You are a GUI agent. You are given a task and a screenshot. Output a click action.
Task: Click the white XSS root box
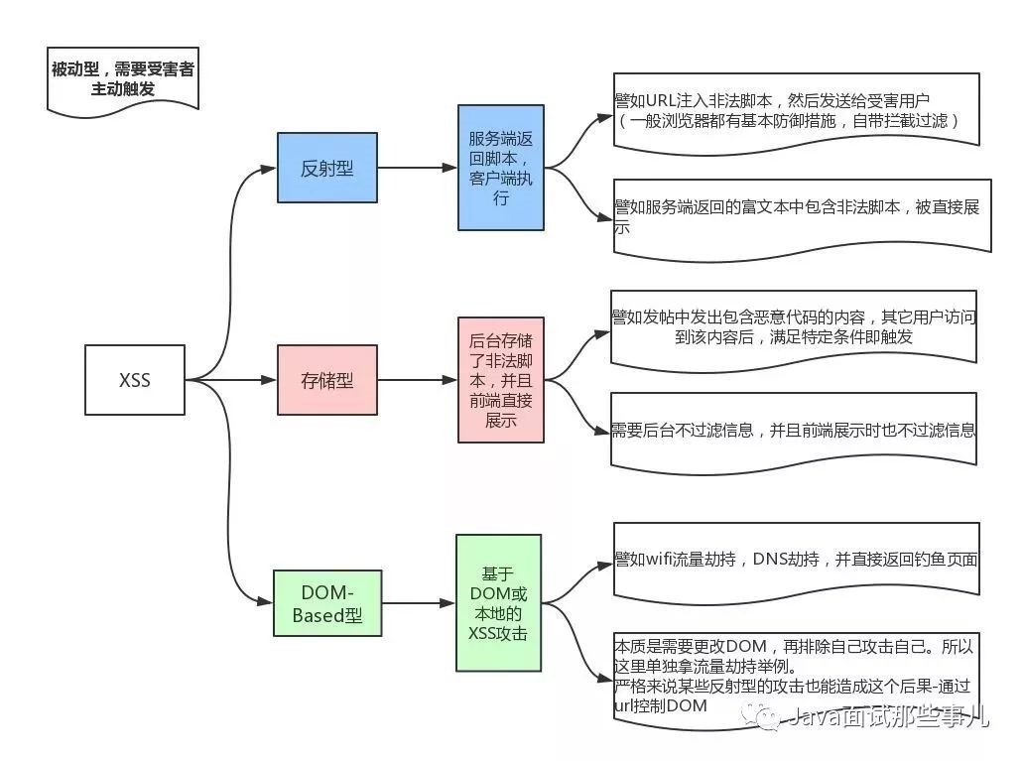click(135, 379)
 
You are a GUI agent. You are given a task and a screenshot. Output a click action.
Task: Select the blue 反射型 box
click(326, 168)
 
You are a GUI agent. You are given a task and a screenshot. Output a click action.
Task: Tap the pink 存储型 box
click(326, 379)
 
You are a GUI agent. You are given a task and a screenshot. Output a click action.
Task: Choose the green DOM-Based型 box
click(326, 603)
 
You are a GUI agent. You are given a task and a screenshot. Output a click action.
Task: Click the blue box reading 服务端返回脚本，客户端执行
click(500, 168)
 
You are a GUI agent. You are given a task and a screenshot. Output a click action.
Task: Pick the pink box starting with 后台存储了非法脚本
click(500, 379)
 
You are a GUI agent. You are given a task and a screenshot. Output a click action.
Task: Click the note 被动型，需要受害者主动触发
click(122, 77)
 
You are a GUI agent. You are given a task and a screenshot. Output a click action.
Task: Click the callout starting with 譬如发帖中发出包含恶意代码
click(794, 326)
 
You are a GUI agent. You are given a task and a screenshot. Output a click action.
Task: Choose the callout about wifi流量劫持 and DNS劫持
click(796, 560)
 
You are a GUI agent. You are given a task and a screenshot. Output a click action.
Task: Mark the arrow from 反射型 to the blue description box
click(417, 168)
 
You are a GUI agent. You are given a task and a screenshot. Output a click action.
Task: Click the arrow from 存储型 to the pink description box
click(417, 379)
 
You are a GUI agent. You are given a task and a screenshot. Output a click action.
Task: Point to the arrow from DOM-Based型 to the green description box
click(417, 602)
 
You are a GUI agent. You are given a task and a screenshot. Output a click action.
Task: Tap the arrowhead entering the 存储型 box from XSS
click(269, 379)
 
